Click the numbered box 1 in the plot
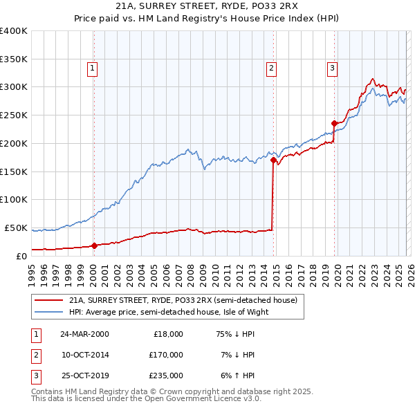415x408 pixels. coord(92,68)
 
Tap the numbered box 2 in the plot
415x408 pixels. coord(271,68)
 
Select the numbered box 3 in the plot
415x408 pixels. coord(333,68)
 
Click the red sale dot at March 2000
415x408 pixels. coord(94,245)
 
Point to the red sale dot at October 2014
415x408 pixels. coord(273,160)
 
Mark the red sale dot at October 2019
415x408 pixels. coord(334,123)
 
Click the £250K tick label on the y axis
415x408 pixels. coord(14,115)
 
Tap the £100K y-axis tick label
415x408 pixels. coord(14,199)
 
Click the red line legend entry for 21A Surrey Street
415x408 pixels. coord(183,300)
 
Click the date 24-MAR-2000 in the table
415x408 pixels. coord(84,333)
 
